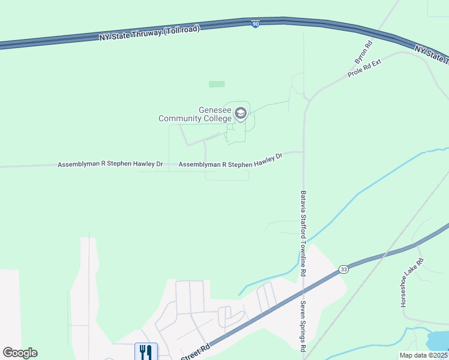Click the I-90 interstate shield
click(256, 24)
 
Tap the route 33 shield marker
click(343, 269)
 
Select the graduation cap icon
click(240, 113)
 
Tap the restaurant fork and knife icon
click(146, 352)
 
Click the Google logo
click(20, 353)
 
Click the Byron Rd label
click(363, 52)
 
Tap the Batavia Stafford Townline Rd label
click(304, 233)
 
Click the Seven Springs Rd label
click(303, 326)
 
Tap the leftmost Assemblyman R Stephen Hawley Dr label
click(110, 164)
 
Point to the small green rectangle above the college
click(217, 84)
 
